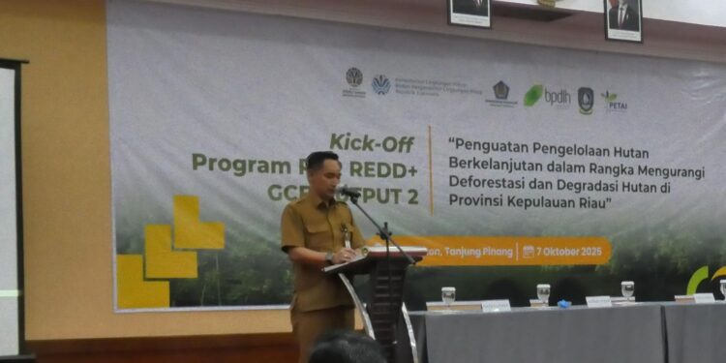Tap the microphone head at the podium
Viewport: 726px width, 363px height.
tap(349, 193)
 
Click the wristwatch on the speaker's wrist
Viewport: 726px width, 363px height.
tap(331, 257)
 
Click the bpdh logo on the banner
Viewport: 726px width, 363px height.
tap(548, 96)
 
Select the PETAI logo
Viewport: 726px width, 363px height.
tap(614, 101)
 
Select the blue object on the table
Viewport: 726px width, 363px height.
tap(563, 303)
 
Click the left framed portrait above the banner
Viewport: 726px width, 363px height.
tap(469, 12)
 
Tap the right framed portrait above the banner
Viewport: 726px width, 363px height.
tap(623, 17)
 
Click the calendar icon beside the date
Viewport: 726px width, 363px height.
tap(529, 251)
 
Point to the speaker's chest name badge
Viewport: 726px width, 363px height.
tap(347, 232)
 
